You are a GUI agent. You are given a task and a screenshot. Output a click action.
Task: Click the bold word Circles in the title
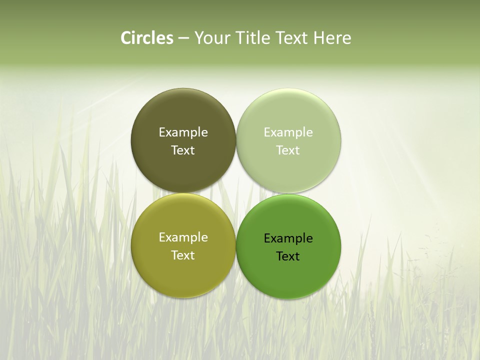pyautogui.click(x=146, y=38)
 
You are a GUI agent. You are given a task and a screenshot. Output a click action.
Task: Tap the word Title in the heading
pyautogui.click(x=254, y=38)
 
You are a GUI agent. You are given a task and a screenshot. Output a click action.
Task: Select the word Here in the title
pyautogui.click(x=332, y=38)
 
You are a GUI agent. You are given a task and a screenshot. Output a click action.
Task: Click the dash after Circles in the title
pyautogui.click(x=183, y=38)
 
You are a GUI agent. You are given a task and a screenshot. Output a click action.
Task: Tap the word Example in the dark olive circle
pyautogui.click(x=183, y=132)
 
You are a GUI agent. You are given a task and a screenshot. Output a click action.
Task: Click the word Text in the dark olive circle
pyautogui.click(x=183, y=150)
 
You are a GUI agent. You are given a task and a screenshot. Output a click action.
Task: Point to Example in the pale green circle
pyautogui.click(x=288, y=132)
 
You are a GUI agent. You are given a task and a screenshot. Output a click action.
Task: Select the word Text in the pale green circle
pyautogui.click(x=288, y=150)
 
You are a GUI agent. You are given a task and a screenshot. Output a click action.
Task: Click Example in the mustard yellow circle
pyautogui.click(x=183, y=237)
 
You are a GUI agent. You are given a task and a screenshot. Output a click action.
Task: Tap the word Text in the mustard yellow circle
pyautogui.click(x=183, y=255)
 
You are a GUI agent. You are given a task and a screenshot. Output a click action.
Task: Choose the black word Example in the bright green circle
pyautogui.click(x=288, y=238)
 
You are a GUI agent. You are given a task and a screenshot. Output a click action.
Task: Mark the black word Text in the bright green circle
pyautogui.click(x=288, y=256)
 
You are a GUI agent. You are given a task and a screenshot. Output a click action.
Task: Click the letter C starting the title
pyautogui.click(x=126, y=38)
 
